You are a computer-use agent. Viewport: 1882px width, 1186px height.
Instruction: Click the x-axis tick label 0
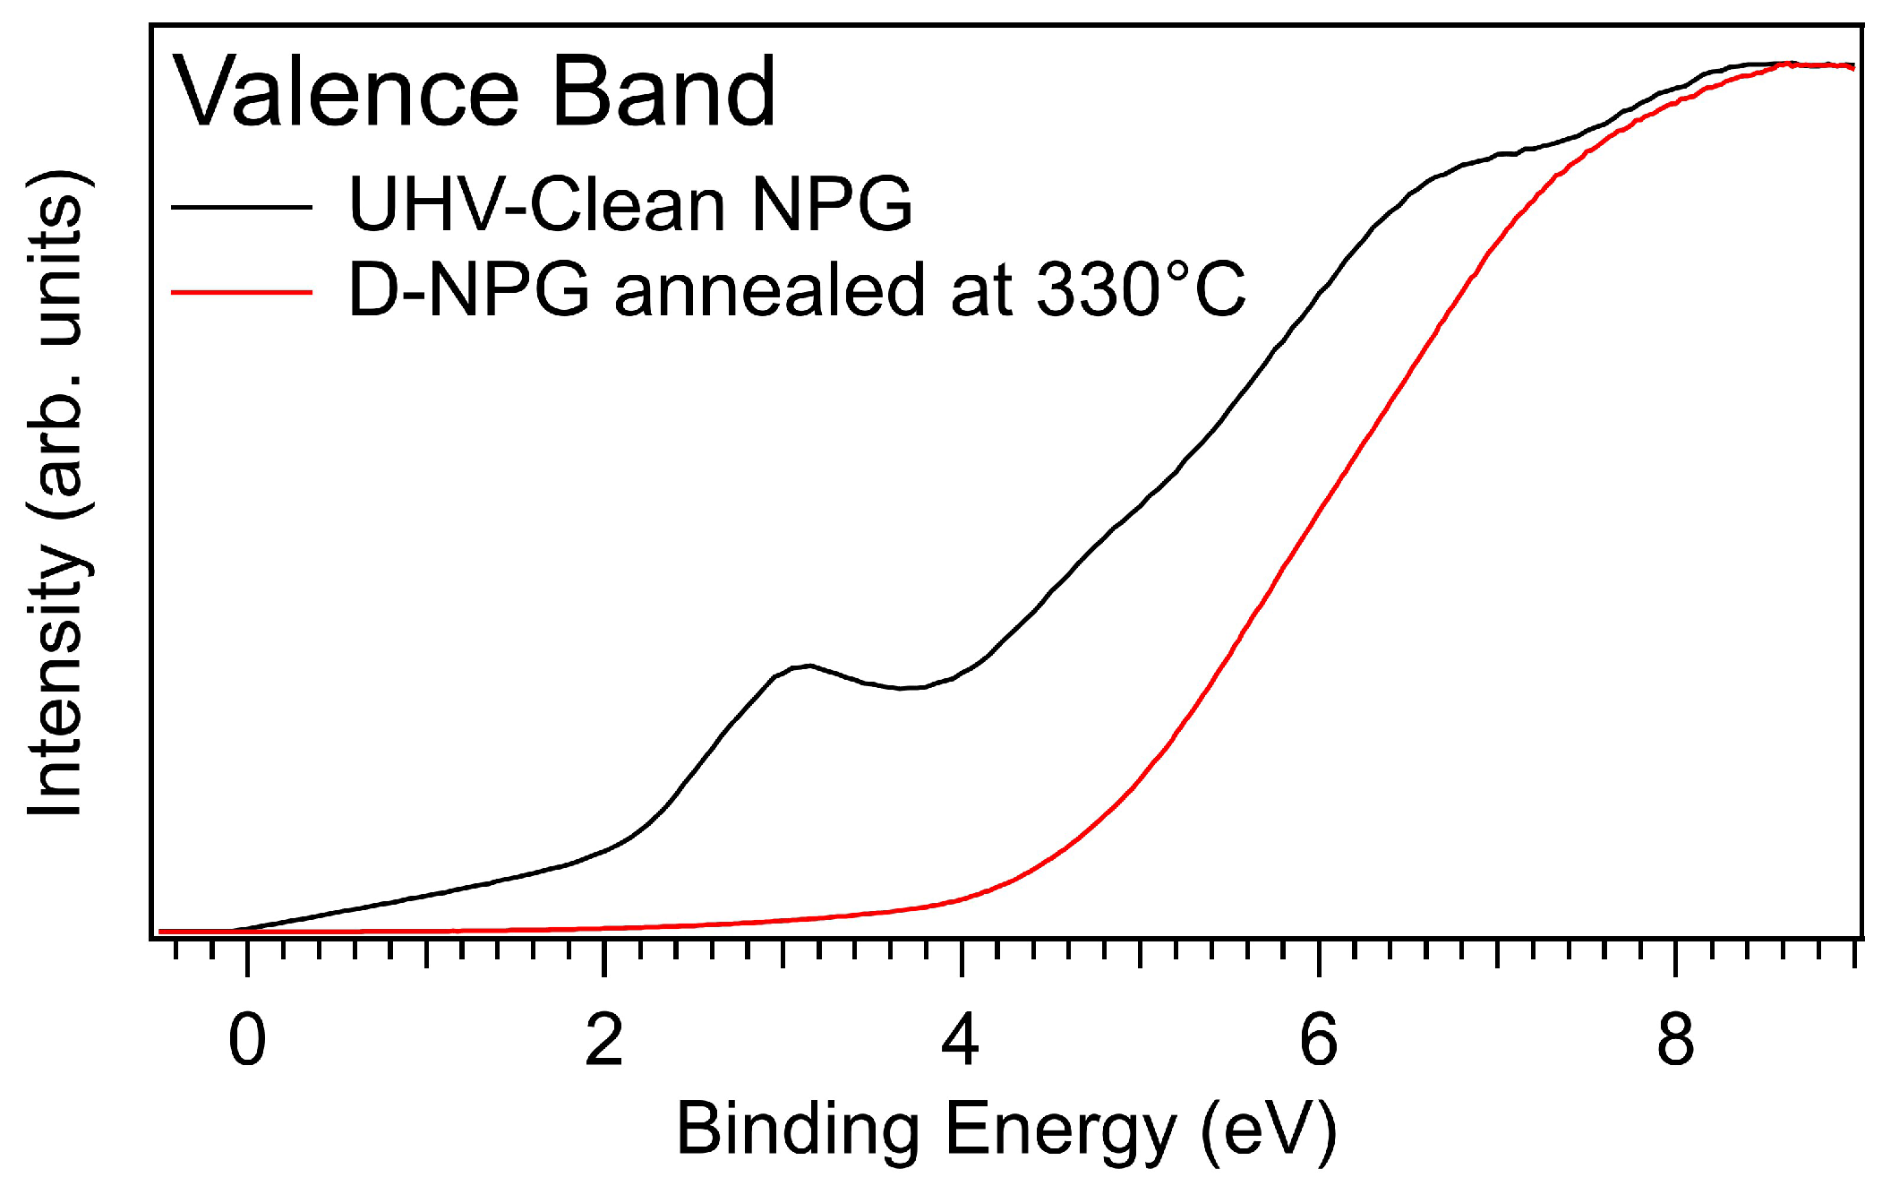[x=247, y=1041]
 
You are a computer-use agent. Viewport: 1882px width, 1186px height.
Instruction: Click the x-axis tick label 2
[x=604, y=1041]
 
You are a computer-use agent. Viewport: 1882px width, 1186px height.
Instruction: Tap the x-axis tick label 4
[x=961, y=1041]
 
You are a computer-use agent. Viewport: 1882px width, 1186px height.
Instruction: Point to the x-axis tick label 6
[x=1318, y=1041]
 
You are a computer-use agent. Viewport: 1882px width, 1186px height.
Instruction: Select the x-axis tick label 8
[x=1675, y=1041]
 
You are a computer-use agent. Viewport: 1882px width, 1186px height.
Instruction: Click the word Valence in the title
[x=346, y=92]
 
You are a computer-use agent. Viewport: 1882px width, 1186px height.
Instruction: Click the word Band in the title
[x=663, y=92]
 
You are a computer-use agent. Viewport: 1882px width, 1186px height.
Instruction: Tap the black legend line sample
[x=241, y=207]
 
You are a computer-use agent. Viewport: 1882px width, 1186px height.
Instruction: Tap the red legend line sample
[x=241, y=292]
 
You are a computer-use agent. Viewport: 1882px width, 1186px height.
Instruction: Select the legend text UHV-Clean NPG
[x=630, y=204]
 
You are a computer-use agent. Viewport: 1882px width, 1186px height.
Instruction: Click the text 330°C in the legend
[x=1141, y=289]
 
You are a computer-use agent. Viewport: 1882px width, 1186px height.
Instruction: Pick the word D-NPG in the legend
[x=468, y=289]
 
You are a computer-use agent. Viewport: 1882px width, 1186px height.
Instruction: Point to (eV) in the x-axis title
[x=1269, y=1130]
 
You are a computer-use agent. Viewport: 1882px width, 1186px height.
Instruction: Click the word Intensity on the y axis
[x=56, y=681]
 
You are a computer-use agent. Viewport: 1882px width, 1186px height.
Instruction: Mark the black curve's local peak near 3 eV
[x=809, y=665]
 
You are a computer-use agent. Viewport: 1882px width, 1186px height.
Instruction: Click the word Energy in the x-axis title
[x=1061, y=1130]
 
